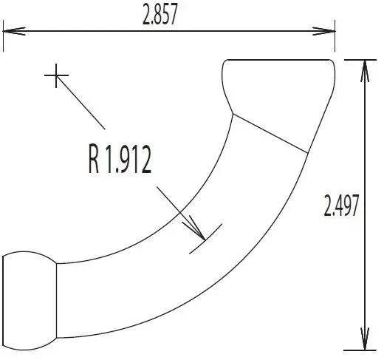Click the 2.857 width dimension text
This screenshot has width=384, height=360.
[x=160, y=15]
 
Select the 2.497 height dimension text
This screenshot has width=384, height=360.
[x=341, y=206]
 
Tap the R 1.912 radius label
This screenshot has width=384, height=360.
[x=120, y=159]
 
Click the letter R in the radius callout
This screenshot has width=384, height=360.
[x=94, y=159]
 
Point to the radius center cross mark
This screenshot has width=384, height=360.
[x=56, y=75]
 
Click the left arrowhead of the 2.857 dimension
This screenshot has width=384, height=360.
[x=14, y=31]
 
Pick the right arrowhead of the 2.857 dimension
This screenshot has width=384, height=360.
[x=324, y=31]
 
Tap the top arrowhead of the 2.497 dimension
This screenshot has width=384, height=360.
[x=365, y=71]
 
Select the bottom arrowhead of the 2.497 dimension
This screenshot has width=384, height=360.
[x=365, y=339]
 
